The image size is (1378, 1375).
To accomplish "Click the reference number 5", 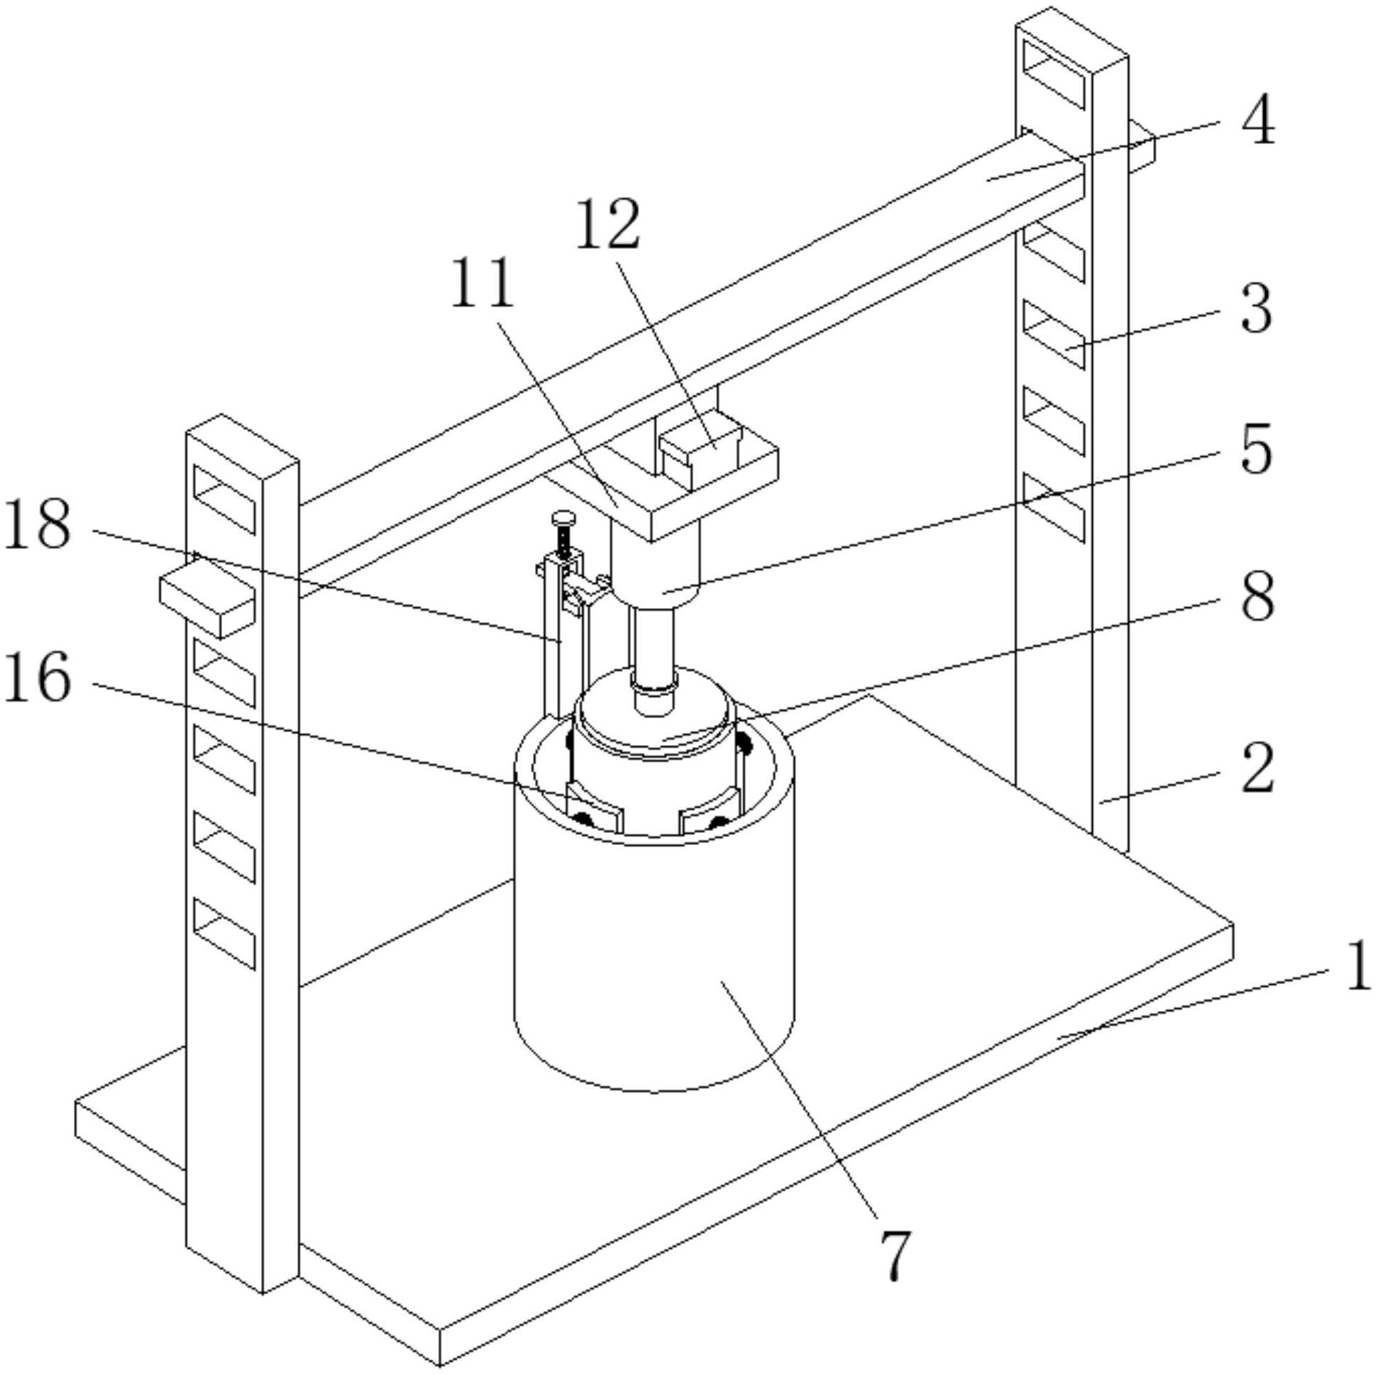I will pos(1257,450).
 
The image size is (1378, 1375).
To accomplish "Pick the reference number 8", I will pos(1257,598).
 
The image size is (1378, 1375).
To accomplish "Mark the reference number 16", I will pos(37,678).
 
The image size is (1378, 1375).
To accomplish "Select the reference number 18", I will pos(37,526).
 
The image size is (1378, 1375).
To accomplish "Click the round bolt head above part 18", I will pos(563,517).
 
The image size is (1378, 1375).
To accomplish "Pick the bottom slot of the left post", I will pos(224,934).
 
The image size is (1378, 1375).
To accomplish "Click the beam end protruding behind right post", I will pos(1142,146).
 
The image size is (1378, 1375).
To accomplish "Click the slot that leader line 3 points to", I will pos(1054,334).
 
